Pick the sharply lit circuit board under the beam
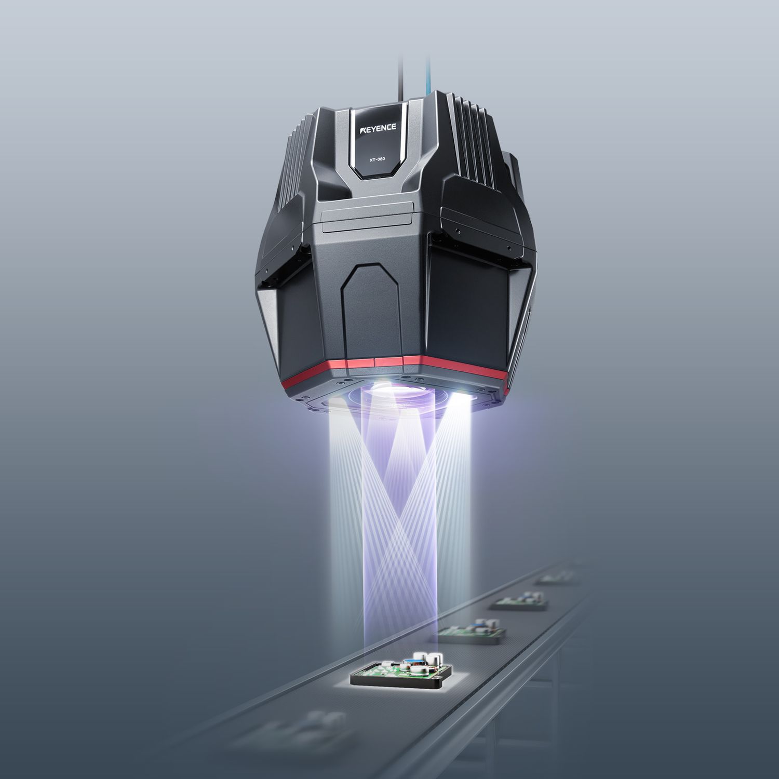397,670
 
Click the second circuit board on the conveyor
473,634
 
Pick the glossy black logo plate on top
377,143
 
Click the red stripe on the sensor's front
364,368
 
